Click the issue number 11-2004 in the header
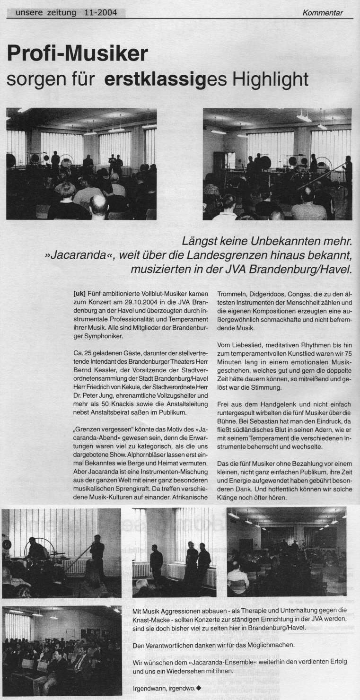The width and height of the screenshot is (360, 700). pos(98,12)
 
